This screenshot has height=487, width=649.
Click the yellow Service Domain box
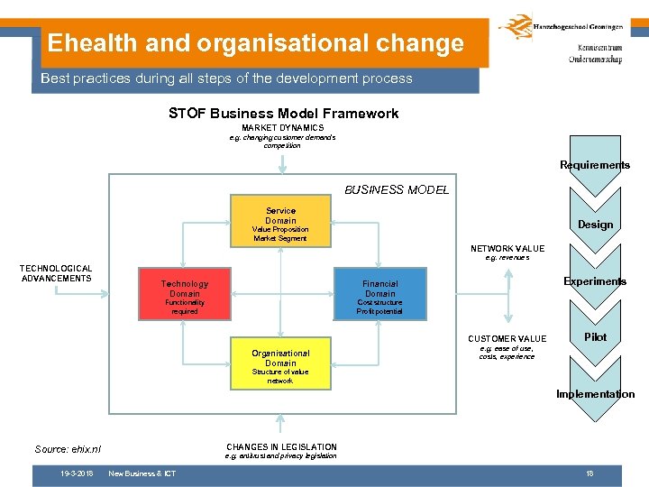[x=280, y=224]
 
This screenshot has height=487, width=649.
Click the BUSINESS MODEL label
[x=397, y=189]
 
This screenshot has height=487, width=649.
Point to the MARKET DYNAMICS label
[x=282, y=128]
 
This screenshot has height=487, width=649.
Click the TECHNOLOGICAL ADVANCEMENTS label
[x=56, y=273]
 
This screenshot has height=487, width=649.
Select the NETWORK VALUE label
[x=507, y=248]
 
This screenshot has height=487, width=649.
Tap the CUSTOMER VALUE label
[x=507, y=339]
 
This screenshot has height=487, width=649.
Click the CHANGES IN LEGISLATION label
[x=281, y=447]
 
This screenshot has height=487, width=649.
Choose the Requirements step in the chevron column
[x=595, y=165]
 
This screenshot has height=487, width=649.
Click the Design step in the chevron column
[x=595, y=225]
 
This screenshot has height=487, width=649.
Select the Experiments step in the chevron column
[x=595, y=281]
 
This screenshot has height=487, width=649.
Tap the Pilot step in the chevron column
[x=595, y=337]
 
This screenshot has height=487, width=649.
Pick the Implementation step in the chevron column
[x=595, y=394]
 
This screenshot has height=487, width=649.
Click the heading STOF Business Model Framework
[x=283, y=114]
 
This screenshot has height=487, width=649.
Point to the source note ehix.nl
[x=68, y=449]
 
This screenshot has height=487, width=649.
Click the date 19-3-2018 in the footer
[x=77, y=473]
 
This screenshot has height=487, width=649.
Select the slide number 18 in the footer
[x=590, y=473]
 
